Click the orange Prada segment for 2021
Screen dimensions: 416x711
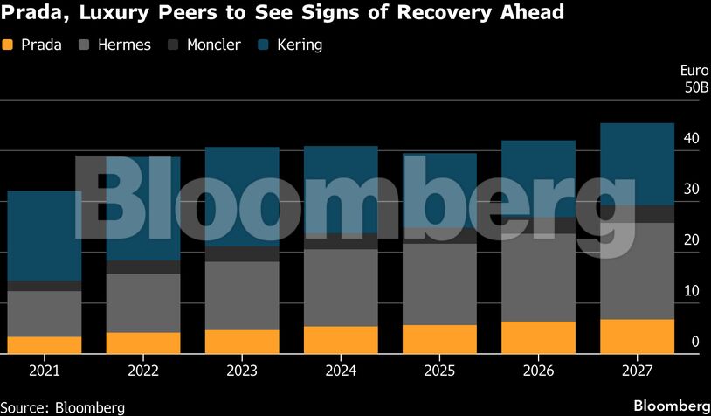coord(44,345)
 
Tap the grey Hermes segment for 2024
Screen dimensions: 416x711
coord(341,288)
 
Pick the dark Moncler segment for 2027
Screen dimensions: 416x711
coord(638,214)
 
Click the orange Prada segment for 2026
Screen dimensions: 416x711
coord(539,337)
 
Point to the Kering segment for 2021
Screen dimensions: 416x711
coord(44,236)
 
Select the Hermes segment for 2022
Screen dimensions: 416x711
coord(143,302)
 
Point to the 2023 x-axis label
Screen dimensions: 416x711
coord(242,370)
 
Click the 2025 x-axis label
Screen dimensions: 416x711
coord(439,370)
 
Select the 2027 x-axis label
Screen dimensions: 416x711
coord(638,370)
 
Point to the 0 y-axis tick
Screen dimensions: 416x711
coord(694,342)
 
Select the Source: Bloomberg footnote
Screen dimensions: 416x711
coord(63,407)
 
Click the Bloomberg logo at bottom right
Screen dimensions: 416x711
coord(671,406)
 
